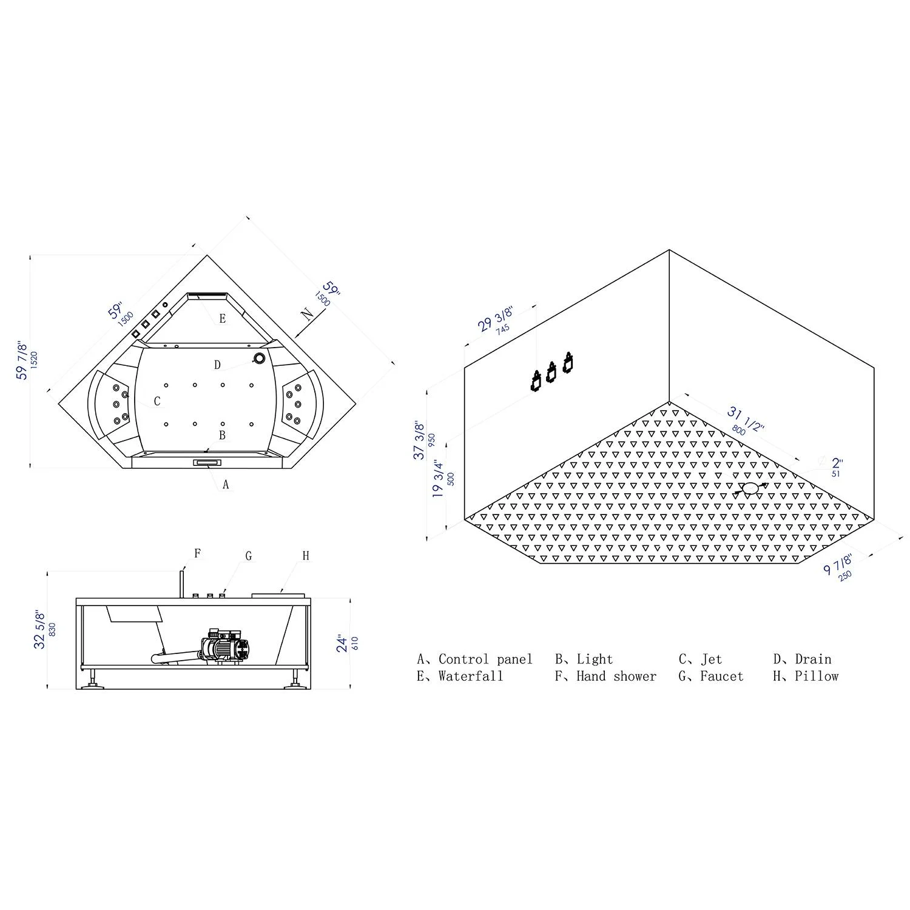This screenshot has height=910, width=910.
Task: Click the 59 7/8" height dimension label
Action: [x=22, y=360]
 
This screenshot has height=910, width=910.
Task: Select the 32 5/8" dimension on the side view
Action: [x=40, y=629]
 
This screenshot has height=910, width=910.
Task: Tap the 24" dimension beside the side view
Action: [x=343, y=643]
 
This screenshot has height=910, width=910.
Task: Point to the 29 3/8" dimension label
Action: [x=496, y=319]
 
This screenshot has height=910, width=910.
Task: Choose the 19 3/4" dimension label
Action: [x=439, y=479]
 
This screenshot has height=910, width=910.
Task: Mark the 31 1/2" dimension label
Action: [x=746, y=419]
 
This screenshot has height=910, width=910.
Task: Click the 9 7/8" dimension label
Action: [x=838, y=564]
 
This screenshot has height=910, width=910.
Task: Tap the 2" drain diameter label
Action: [x=837, y=464]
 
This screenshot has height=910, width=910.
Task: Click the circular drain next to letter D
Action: [x=259, y=359]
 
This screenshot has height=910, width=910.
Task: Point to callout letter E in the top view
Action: [x=223, y=318]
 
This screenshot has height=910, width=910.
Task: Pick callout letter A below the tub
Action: [x=226, y=484]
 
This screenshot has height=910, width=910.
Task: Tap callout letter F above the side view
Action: [x=197, y=553]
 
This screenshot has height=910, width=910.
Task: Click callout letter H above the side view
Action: [x=306, y=556]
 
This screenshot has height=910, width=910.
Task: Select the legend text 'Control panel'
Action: [x=485, y=659]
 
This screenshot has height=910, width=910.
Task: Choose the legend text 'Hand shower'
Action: [x=616, y=676]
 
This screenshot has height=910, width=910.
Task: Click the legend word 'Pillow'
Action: [x=816, y=676]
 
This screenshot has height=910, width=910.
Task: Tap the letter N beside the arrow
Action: [x=308, y=314]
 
